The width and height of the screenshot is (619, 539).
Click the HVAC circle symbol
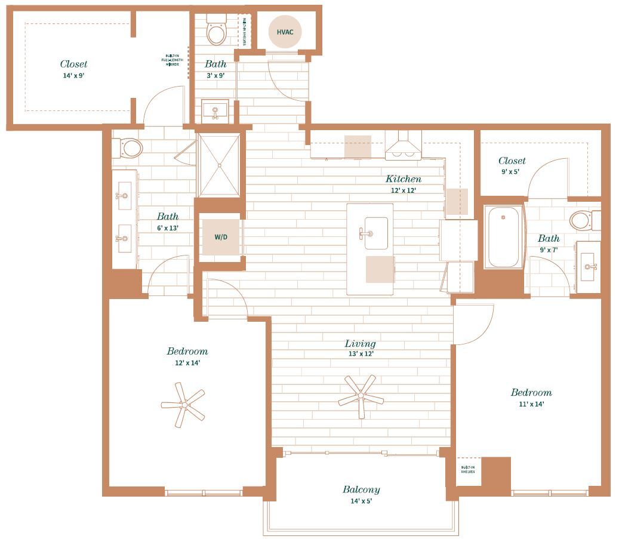click(x=284, y=31)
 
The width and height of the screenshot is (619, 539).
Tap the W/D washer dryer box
click(x=221, y=237)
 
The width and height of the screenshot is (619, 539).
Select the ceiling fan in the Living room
click(x=361, y=395)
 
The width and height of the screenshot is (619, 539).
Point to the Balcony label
click(x=361, y=489)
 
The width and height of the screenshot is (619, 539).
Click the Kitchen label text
click(x=403, y=178)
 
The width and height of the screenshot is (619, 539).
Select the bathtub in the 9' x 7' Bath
click(x=503, y=237)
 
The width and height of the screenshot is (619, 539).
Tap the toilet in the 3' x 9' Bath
click(x=216, y=32)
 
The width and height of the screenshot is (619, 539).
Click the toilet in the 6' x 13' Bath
click(x=130, y=147)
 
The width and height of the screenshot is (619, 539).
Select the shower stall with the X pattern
click(x=219, y=165)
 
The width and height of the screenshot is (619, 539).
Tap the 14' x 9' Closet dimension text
click(x=73, y=76)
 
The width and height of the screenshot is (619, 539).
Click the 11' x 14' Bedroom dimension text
click(x=531, y=404)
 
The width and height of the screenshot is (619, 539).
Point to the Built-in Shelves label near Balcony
click(x=468, y=469)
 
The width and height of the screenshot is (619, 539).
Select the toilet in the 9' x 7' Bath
click(x=583, y=220)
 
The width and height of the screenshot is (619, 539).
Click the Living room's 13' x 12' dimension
click(x=361, y=354)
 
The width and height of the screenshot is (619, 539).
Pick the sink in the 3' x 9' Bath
click(x=215, y=110)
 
